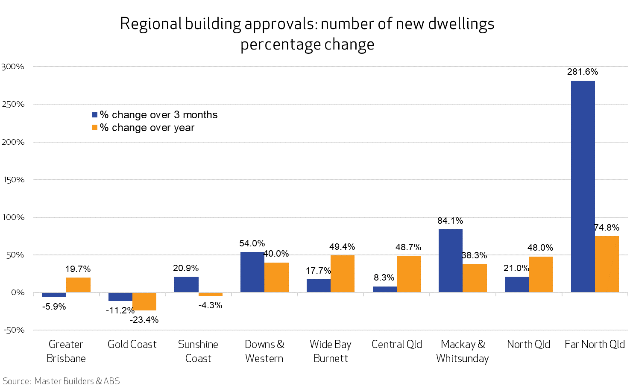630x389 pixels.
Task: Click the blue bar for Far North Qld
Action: pyautogui.click(x=583, y=186)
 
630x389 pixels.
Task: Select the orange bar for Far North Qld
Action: pyautogui.click(x=607, y=264)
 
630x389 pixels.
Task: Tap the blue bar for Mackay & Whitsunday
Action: pyautogui.click(x=450, y=260)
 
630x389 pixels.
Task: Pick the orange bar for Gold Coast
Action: pyautogui.click(x=144, y=301)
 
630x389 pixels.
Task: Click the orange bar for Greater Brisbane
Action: pyautogui.click(x=78, y=285)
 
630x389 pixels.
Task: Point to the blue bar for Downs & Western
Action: pyautogui.click(x=252, y=272)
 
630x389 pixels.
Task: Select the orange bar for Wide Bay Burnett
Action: pyautogui.click(x=342, y=274)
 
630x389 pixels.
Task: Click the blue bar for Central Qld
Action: pyautogui.click(x=384, y=289)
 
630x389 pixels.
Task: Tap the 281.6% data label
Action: pyautogui.click(x=582, y=72)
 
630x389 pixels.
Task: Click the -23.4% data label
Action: pyautogui.click(x=144, y=320)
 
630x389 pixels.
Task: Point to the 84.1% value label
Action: pyautogui.click(x=450, y=221)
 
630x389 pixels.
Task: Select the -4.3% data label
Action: pyautogui.click(x=210, y=305)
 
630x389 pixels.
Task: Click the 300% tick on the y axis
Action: pyautogui.click(x=13, y=67)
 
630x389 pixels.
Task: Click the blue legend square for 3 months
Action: pyautogui.click(x=95, y=115)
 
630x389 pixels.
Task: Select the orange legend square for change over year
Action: pyautogui.click(x=95, y=128)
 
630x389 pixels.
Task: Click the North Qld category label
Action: pyautogui.click(x=528, y=344)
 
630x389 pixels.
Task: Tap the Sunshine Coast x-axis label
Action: pyautogui.click(x=198, y=351)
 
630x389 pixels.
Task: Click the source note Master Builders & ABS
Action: pyautogui.click(x=62, y=381)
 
